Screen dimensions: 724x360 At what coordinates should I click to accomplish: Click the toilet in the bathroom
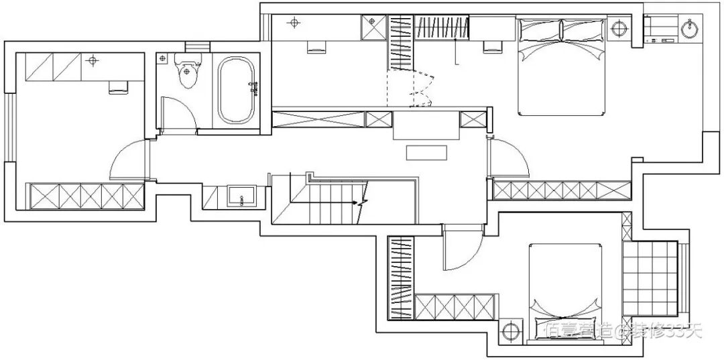(x=186, y=73)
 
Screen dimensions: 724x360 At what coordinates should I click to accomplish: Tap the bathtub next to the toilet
(x=236, y=91)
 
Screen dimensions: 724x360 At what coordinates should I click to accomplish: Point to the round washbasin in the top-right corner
(x=690, y=29)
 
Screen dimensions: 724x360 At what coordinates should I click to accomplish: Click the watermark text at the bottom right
(x=623, y=329)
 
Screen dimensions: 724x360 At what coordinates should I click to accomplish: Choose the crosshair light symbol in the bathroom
(x=162, y=60)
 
